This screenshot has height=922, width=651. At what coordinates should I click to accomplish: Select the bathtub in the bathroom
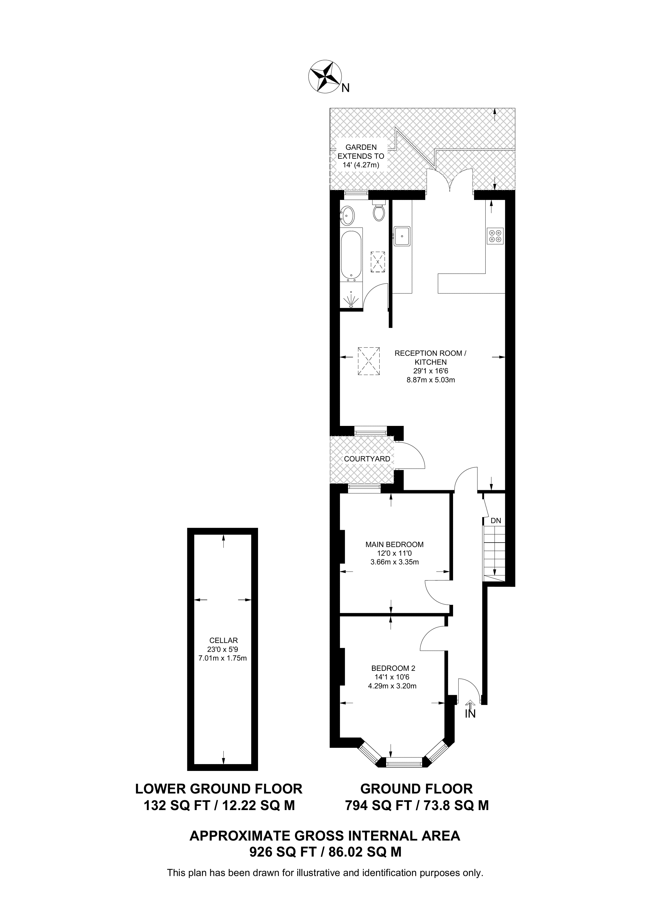pos(351,255)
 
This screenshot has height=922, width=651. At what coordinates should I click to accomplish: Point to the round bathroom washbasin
pos(347,216)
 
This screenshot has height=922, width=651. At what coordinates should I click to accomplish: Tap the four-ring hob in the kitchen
pos(495,236)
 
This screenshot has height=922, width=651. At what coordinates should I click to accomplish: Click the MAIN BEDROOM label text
pos(394,545)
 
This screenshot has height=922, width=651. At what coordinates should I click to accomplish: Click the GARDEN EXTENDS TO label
pos(361,156)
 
